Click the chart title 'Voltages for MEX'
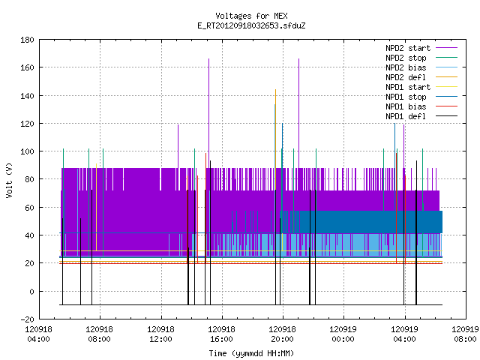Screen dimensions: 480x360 [251, 16]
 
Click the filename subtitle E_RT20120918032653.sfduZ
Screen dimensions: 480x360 [251, 25]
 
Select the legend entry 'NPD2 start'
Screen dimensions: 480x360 [408, 48]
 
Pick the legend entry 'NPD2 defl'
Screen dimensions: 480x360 [406, 77]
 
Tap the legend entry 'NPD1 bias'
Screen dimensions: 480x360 [406, 106]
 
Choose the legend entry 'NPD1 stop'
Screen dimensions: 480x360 [406, 97]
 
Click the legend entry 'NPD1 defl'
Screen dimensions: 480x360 [406, 116]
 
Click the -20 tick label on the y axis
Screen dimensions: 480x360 [27, 319]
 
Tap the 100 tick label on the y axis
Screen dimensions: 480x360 [27, 151]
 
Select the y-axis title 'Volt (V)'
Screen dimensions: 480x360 [9, 180]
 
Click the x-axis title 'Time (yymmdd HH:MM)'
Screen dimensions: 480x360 [251, 353]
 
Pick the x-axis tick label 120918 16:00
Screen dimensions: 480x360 [221, 334]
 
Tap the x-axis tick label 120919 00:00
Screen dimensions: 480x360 [343, 334]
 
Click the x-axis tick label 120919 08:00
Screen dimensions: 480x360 [465, 334]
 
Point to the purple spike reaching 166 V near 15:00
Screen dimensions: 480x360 [208, 113]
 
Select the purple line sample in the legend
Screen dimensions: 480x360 [447, 48]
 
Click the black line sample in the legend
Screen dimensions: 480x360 [447, 116]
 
